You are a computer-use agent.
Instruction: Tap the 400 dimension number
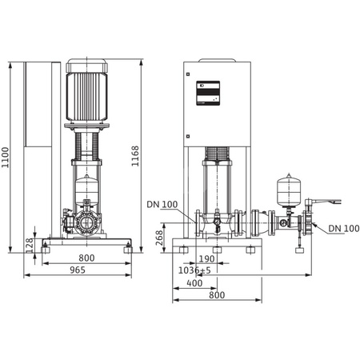pos(194,283)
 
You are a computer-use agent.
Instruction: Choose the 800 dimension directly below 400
pos(217,295)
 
